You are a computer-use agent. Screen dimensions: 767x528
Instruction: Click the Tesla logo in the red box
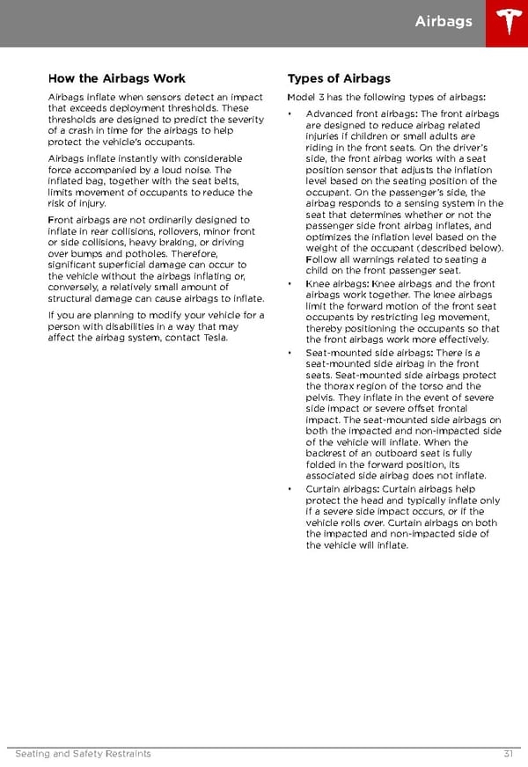click(x=507, y=23)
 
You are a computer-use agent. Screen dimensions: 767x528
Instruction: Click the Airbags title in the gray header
click(x=444, y=21)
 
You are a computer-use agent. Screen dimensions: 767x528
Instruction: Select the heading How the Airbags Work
click(x=117, y=78)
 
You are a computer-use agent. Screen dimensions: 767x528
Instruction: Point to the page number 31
click(x=509, y=754)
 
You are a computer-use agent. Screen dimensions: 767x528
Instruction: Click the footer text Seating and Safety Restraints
click(x=84, y=754)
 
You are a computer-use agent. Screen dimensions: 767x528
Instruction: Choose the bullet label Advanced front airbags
click(x=362, y=114)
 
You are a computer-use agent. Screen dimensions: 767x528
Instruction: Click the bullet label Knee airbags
click(x=338, y=284)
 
